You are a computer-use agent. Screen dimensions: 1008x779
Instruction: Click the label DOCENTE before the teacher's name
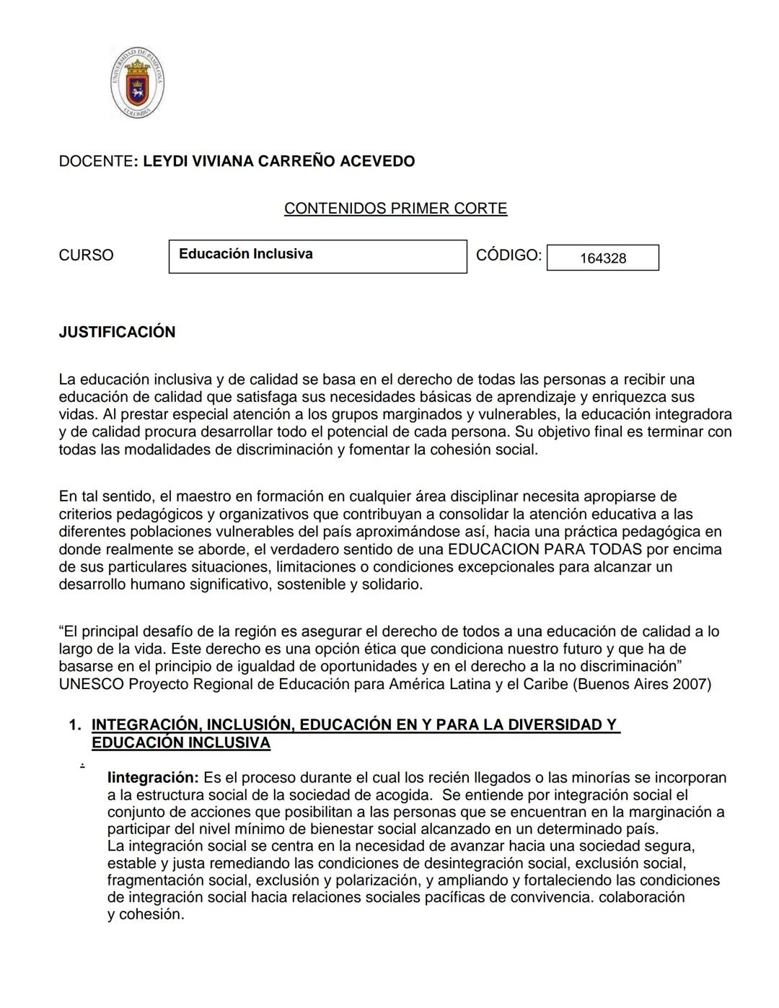coord(94,162)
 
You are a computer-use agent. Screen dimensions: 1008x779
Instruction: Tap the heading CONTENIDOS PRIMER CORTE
coord(395,209)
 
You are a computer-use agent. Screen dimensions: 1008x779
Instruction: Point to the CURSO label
coord(86,255)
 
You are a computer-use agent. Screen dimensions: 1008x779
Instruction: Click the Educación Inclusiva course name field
coord(317,256)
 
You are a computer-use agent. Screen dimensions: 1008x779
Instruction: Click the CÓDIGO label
coord(508,255)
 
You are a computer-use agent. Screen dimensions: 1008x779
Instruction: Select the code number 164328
coord(603,258)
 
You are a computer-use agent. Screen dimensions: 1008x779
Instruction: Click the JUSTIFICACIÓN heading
coord(117,332)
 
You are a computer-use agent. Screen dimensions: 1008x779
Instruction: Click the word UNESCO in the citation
coord(91,684)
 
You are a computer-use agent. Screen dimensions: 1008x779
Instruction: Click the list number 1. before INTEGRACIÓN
coord(75,725)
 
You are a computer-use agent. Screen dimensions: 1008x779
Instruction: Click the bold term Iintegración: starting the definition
coord(152,778)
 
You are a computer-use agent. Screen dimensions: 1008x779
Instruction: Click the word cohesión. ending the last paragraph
coord(151,914)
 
